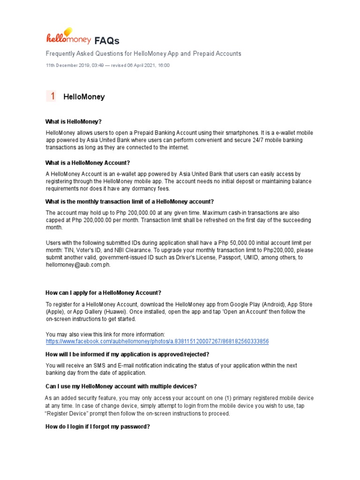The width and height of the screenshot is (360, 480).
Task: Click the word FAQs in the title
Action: pos(107,40)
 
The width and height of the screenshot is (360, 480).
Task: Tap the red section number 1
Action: pos(53,97)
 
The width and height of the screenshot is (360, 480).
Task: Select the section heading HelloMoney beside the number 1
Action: pos(84,97)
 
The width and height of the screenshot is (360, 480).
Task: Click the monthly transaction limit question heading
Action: pos(129,202)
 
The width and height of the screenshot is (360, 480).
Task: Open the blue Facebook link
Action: pos(157,342)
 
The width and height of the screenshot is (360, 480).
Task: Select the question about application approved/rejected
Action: pos(127,354)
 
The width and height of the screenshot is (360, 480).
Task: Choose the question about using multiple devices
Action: pos(121,386)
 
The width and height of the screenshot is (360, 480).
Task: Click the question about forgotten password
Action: pos(97,427)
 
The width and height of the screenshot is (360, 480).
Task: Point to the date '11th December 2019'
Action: pos(68,66)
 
